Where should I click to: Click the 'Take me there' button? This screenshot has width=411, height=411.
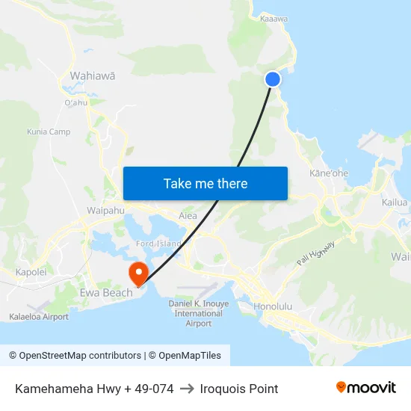pos(205,184)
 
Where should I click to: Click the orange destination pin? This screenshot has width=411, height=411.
pos(138,272)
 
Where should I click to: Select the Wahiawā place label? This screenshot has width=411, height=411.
pos(92,75)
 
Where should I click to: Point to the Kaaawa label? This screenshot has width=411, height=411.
pos(274,19)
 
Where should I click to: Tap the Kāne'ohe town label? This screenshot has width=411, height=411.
pos(329,173)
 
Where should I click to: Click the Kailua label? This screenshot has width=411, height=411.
pos(395,203)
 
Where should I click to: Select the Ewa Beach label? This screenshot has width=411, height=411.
pos(106,293)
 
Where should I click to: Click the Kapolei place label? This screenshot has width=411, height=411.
pos(31,273)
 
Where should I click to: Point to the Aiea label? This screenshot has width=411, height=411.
pos(188,216)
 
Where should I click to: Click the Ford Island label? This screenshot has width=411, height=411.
pos(158,244)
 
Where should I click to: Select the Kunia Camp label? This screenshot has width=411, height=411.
pos(49,132)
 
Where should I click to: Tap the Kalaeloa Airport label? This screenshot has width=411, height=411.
pos(39,317)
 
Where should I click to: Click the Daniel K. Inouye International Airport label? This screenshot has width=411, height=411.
pos(198,314)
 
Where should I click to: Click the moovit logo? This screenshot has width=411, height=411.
pos(365,388)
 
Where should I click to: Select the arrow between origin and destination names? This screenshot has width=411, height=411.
pos(187,389)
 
